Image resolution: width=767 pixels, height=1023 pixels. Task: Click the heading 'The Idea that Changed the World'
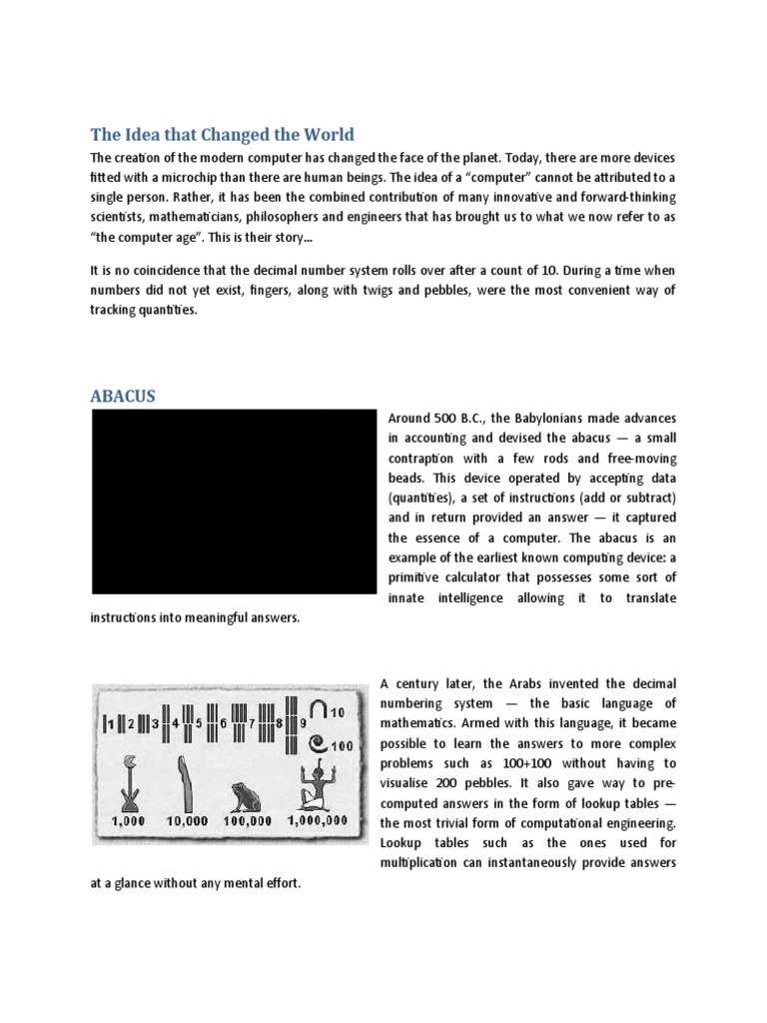click(222, 135)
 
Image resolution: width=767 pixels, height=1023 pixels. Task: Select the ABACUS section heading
click(123, 397)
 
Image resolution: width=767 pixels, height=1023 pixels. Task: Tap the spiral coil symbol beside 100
click(317, 743)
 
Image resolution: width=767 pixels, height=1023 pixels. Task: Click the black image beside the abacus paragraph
click(233, 503)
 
